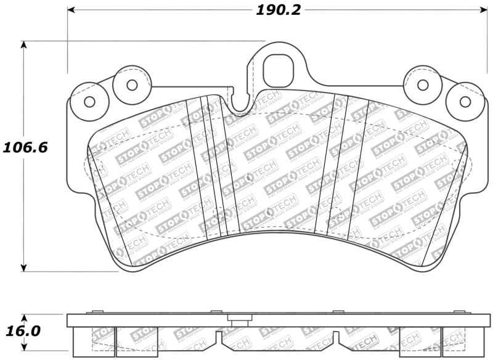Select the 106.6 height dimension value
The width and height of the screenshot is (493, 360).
[24, 148]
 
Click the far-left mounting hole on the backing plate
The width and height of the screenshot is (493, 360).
[89, 102]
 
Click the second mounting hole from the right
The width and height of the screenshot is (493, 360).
[422, 85]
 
